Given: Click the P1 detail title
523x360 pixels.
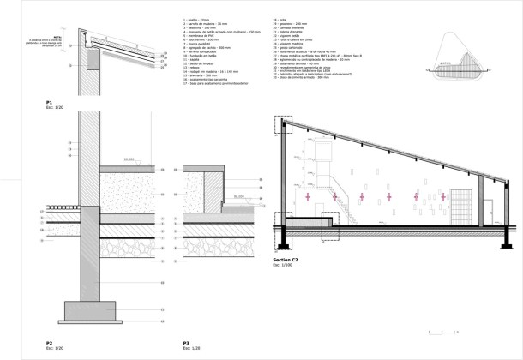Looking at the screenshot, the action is pos(50,101).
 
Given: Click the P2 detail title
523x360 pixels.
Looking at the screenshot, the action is pos(50,343).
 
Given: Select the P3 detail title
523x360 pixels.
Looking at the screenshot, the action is pos(186,343).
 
